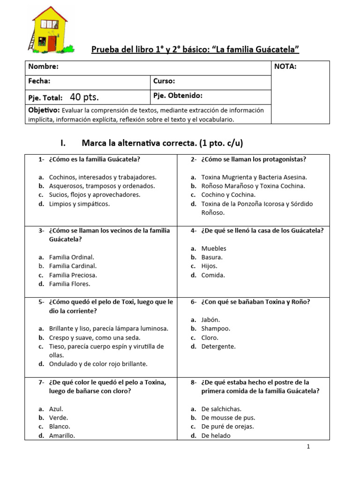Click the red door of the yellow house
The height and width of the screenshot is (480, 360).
click(52, 43)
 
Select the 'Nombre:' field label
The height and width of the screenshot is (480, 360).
click(43, 67)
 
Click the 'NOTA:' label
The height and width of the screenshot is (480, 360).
click(285, 67)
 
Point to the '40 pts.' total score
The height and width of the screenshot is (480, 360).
click(84, 97)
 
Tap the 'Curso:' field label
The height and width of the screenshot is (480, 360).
click(164, 81)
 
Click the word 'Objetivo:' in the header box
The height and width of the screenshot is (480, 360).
click(44, 110)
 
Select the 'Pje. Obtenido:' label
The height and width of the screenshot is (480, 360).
click(178, 96)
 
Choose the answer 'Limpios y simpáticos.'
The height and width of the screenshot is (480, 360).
click(79, 204)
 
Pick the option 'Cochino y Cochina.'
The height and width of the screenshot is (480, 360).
click(228, 195)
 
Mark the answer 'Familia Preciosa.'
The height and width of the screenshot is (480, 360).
click(73, 275)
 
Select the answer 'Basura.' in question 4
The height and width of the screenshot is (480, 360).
click(212, 257)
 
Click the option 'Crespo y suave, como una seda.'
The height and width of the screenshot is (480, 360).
click(95, 337)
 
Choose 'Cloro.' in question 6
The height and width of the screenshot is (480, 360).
click(210, 337)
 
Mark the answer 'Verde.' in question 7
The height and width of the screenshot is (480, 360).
click(59, 418)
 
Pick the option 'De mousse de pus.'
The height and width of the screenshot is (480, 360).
click(228, 418)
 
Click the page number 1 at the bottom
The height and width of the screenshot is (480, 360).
click(308, 447)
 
